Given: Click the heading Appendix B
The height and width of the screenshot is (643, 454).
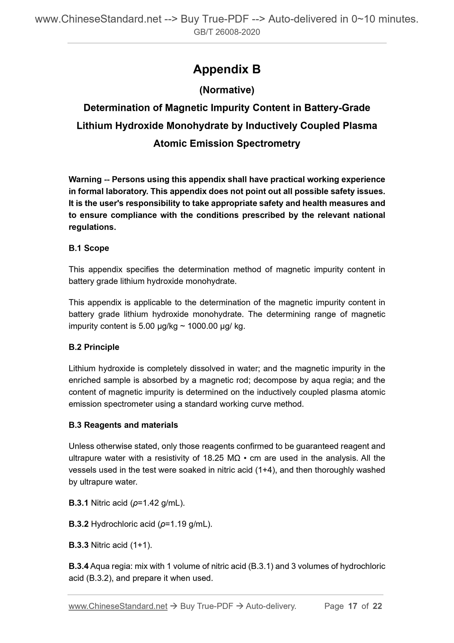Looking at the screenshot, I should (x=227, y=69).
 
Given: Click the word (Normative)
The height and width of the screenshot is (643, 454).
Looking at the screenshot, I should (x=227, y=90).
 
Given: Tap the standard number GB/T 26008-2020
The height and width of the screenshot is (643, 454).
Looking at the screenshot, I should (x=227, y=32).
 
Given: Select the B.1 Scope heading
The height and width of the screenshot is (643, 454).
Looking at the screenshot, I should (x=89, y=248).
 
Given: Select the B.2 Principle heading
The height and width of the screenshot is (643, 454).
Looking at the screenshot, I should (x=94, y=347).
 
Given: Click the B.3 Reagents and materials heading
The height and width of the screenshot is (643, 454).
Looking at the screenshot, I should (x=123, y=425).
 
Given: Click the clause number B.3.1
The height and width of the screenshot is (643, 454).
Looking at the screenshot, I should (x=78, y=503).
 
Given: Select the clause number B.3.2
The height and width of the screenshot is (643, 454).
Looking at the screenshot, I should (x=78, y=524).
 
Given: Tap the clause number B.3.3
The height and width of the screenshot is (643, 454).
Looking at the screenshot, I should (x=78, y=545).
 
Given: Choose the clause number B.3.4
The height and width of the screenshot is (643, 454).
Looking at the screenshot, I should (x=78, y=566).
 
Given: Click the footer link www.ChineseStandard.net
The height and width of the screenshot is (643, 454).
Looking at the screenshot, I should (x=118, y=606).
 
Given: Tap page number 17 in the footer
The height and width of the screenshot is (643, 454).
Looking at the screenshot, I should (x=353, y=606).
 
